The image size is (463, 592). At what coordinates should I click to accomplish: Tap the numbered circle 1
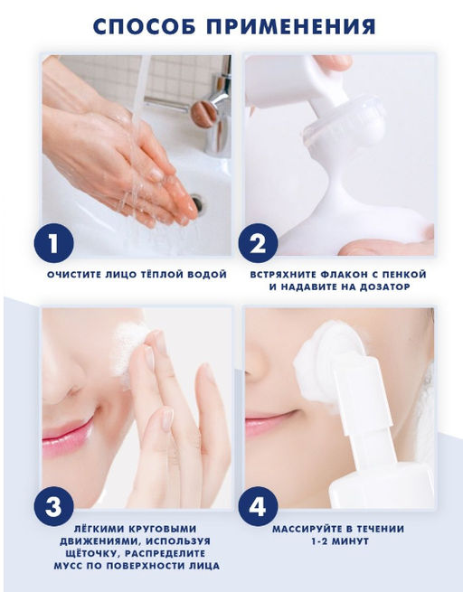coord(53,243)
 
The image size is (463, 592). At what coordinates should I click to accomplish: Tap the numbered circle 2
coord(258,243)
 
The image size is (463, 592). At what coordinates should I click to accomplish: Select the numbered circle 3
coord(53,506)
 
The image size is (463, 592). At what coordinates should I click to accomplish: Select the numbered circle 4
coord(258,506)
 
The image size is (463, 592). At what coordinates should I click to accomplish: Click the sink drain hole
coord(198,204)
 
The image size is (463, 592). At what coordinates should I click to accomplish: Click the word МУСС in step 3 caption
coord(68,566)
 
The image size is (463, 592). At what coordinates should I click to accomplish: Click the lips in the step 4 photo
coord(264,422)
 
